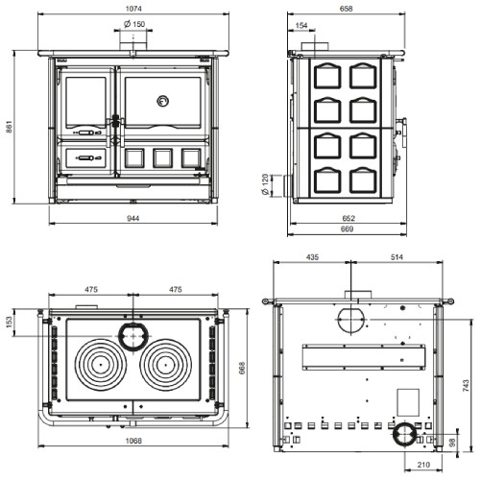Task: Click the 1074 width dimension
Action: coord(133,9)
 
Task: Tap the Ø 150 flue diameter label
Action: coord(134,24)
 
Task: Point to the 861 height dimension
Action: coord(9,127)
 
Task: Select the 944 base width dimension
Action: coord(133,218)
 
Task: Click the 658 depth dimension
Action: coord(347,9)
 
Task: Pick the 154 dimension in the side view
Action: coord(301,25)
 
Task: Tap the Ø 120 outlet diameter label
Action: coord(265,185)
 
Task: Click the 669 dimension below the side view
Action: coord(348,229)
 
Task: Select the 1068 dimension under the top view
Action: coord(133,441)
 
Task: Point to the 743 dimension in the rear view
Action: coord(466,385)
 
